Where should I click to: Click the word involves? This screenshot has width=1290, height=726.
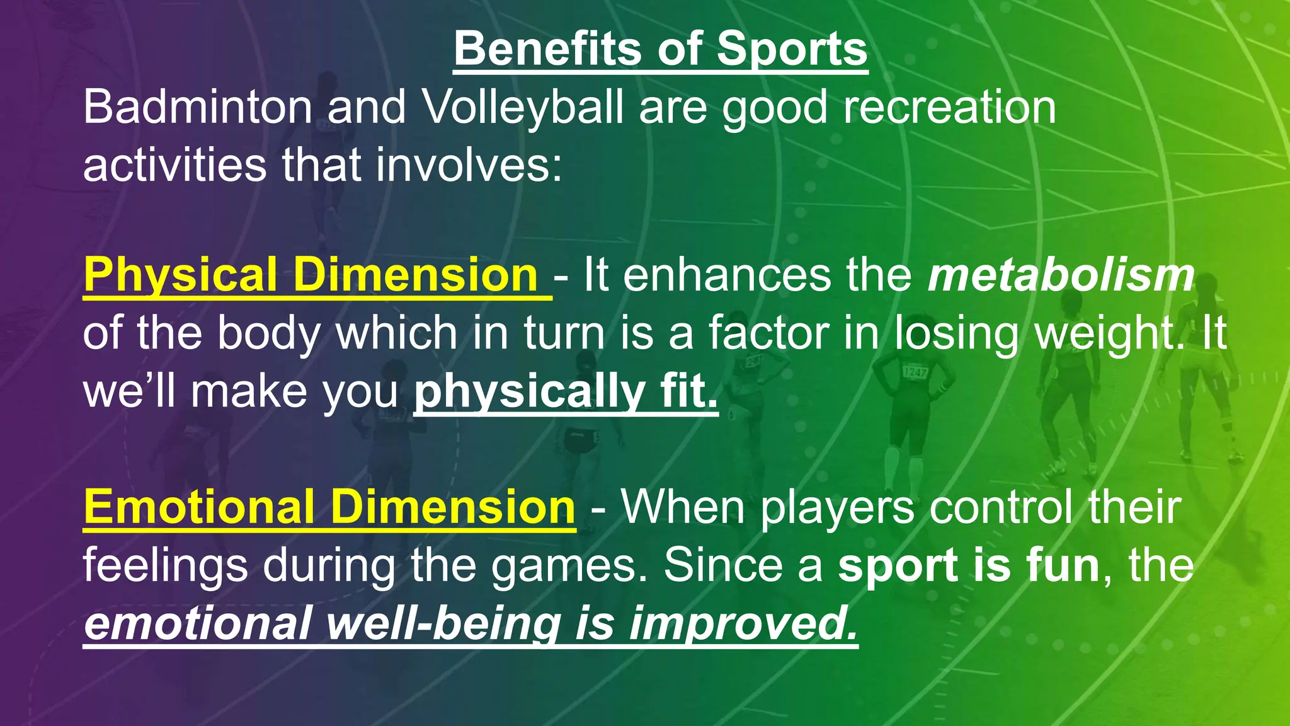[469, 165]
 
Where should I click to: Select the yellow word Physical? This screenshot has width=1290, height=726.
[180, 275]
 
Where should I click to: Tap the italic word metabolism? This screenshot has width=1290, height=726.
[1061, 275]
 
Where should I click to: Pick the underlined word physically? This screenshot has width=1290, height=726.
[528, 392]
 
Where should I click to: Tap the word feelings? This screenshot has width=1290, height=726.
[166, 565]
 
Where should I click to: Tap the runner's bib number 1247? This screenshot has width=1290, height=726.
[915, 372]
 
